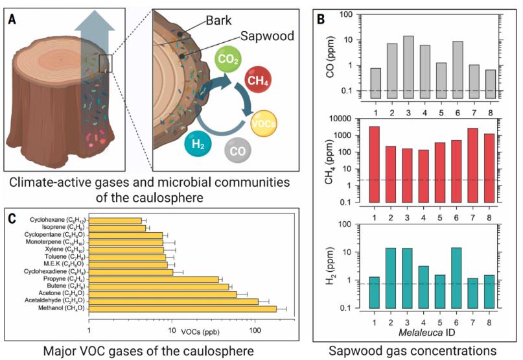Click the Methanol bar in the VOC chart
(x=182, y=309)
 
